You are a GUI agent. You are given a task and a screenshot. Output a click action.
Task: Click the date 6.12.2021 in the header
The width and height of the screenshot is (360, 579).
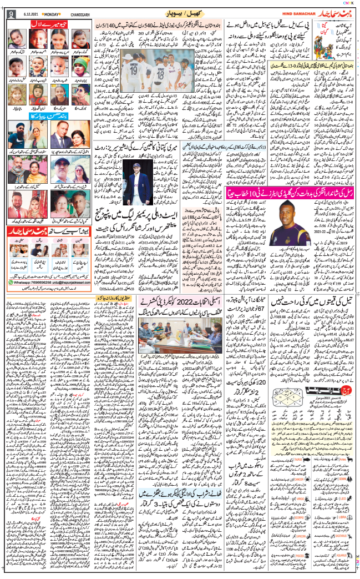29,14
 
